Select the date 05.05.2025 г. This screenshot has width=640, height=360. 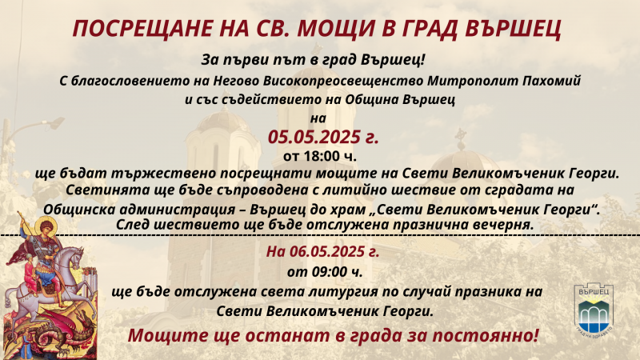tap(323, 137)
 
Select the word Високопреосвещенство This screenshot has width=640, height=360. tap(343, 81)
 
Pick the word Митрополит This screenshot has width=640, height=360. tap(473, 81)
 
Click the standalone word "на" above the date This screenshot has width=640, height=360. tap(318, 118)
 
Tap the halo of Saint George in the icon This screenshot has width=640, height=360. tap(46, 226)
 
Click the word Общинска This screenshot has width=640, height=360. tap(75, 210)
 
